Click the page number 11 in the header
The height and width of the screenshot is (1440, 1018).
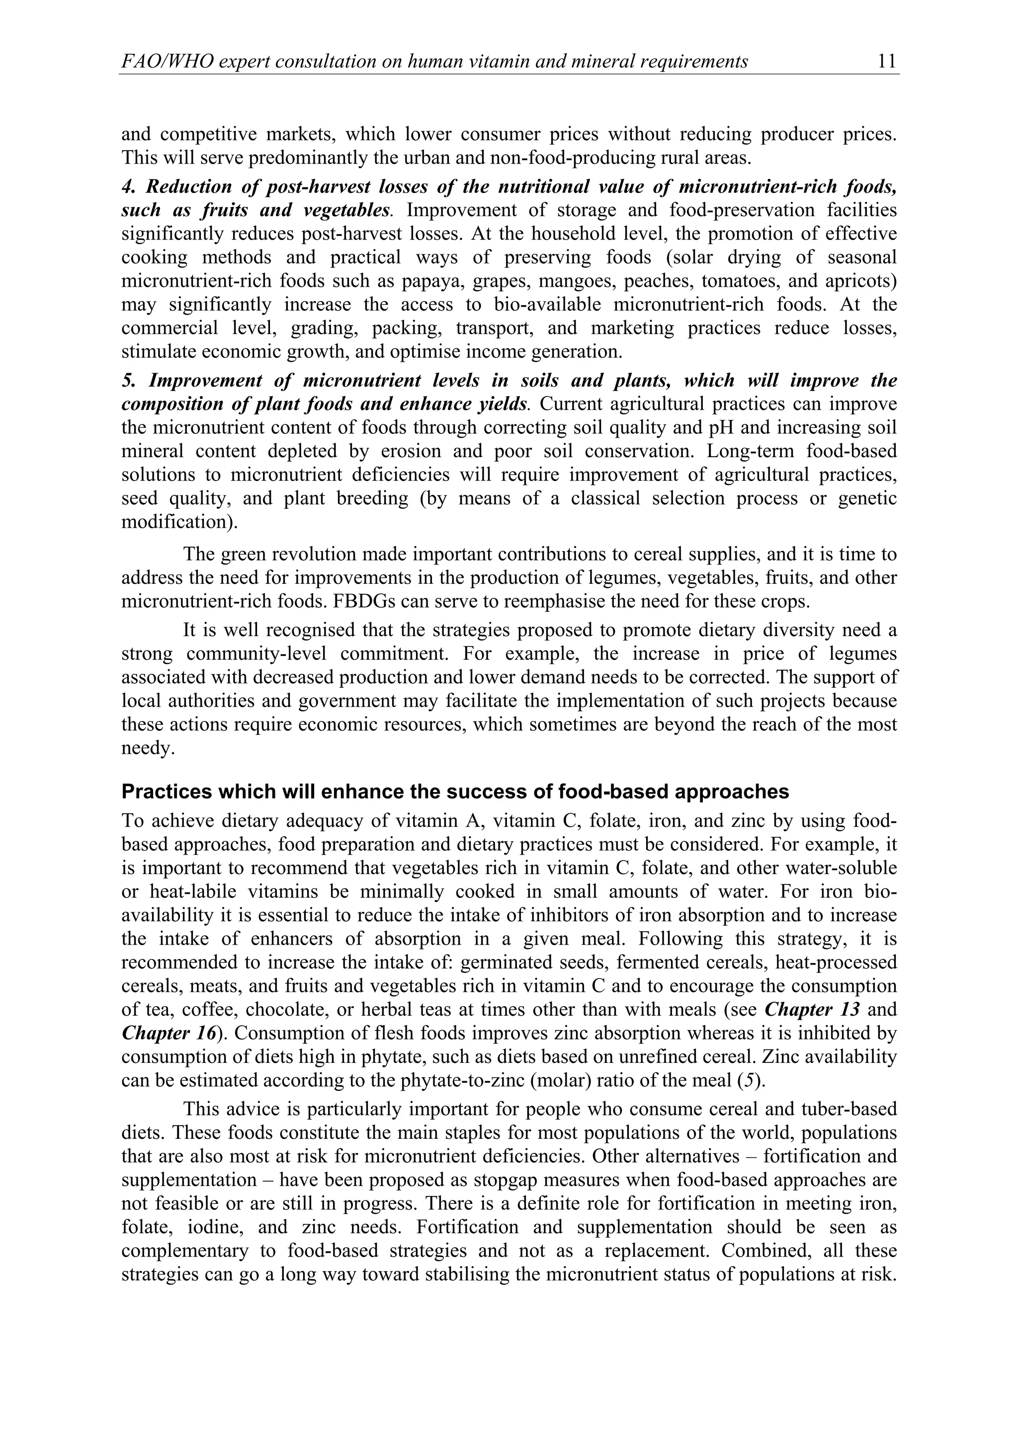887,62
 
